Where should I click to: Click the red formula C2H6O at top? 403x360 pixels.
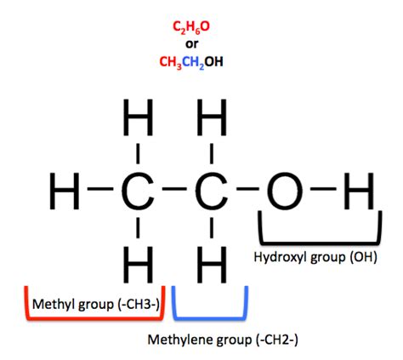(x=191, y=27)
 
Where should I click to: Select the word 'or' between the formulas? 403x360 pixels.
(x=191, y=44)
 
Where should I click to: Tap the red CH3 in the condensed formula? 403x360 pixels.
(x=171, y=62)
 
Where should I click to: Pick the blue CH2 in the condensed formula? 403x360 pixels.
(x=193, y=62)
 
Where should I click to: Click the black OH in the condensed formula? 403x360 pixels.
(x=214, y=61)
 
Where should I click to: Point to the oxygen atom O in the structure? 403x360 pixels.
(x=285, y=191)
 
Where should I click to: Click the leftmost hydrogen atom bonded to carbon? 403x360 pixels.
(x=65, y=191)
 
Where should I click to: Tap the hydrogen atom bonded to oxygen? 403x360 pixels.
(x=359, y=191)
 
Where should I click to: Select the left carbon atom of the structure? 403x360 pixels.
(x=138, y=191)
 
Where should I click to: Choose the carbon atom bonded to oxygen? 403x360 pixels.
(x=212, y=191)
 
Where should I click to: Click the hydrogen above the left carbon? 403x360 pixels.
(x=138, y=117)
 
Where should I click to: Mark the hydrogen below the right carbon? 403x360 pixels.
(x=212, y=265)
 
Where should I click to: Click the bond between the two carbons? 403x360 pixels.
(x=175, y=188)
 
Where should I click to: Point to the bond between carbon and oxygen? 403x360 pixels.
(x=248, y=188)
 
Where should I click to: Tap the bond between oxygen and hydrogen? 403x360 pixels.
(x=323, y=188)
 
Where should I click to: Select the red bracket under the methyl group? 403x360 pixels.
(x=95, y=318)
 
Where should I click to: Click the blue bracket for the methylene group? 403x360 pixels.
(x=210, y=318)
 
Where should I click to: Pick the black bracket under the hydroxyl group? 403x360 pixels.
(x=320, y=243)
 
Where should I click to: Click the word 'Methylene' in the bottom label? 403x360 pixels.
(x=180, y=340)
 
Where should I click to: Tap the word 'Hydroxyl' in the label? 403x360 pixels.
(x=281, y=257)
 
